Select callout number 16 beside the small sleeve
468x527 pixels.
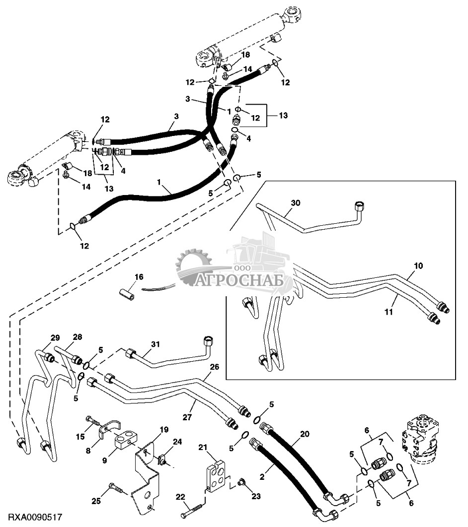(x=139, y=276)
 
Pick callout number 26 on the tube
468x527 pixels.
(x=214, y=367)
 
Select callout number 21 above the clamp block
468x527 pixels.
(x=217, y=449)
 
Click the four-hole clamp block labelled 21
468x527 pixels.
(x=217, y=477)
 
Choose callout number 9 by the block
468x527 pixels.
(x=105, y=460)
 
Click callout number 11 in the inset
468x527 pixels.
(x=389, y=312)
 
